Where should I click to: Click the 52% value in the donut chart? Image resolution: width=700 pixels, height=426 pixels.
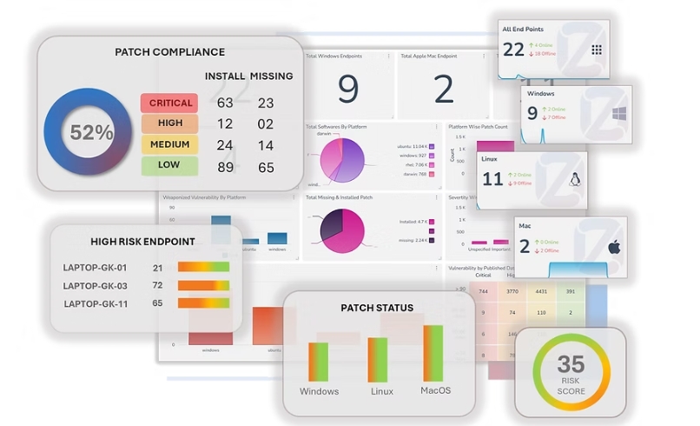[92, 133]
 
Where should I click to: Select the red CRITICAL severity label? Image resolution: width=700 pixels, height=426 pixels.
[170, 103]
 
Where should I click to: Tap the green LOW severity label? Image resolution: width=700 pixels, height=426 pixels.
[170, 165]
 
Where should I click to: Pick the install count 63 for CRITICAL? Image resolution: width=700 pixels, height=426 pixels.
[226, 103]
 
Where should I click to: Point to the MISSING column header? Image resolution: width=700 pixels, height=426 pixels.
[272, 77]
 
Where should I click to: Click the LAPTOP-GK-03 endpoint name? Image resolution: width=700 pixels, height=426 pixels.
[95, 285]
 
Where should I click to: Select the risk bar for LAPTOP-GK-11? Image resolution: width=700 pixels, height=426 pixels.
[203, 303]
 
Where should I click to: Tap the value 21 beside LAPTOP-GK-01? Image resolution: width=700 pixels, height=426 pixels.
[158, 268]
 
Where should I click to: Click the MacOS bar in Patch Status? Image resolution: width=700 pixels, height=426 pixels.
[433, 353]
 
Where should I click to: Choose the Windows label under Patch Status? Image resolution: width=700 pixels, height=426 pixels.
[319, 391]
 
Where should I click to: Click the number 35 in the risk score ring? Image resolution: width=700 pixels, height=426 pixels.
[571, 363]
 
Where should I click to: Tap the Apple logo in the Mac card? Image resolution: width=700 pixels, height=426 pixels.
[614, 248]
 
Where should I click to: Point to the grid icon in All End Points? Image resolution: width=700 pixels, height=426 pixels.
[597, 50]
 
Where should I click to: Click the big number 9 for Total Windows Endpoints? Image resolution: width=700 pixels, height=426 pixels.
[347, 89]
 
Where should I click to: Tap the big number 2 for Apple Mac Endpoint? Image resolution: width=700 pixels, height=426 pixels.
[444, 89]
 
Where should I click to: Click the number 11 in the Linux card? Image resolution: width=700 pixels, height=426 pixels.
[492, 179]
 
